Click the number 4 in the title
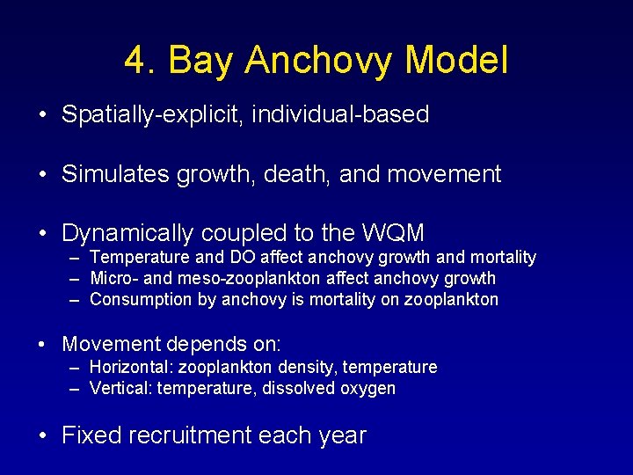click(x=135, y=61)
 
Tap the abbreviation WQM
click(x=393, y=233)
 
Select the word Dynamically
click(x=127, y=233)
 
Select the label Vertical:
click(x=120, y=388)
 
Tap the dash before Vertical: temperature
click(x=74, y=388)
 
